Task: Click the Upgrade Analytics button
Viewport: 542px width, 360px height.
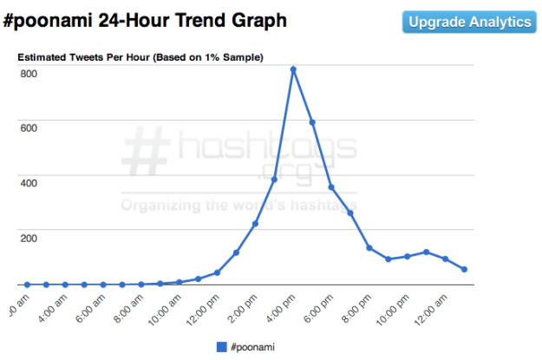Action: click(x=470, y=22)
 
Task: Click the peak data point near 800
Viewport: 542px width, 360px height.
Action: click(x=293, y=69)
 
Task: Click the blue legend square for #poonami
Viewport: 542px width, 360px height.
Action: click(x=221, y=347)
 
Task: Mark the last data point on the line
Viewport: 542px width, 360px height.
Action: click(x=464, y=270)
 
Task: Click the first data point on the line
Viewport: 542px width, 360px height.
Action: click(x=27, y=285)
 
